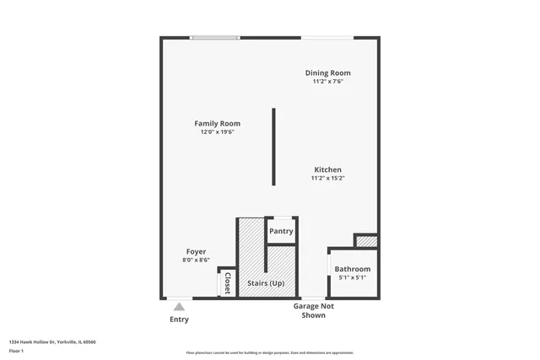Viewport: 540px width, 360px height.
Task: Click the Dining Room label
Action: (x=327, y=73)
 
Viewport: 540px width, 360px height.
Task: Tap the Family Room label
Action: (x=217, y=124)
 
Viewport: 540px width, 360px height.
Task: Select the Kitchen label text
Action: (x=328, y=169)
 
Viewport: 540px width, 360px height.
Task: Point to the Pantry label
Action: (x=281, y=231)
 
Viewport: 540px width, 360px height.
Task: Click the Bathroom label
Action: (x=353, y=269)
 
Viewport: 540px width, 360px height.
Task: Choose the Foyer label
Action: (x=196, y=251)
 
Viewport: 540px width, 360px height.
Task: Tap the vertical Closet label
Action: (x=227, y=283)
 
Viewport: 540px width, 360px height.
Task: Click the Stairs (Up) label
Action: (x=265, y=283)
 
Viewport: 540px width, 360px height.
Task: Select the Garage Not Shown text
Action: (x=313, y=310)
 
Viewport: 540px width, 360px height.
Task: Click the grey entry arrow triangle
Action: (x=179, y=308)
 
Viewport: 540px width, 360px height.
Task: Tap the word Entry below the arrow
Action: (x=179, y=320)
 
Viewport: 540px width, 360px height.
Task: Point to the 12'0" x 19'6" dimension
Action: (x=217, y=132)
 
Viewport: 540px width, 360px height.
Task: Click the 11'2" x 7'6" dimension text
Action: (x=327, y=82)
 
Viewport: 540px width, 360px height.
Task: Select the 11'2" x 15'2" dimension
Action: (x=328, y=178)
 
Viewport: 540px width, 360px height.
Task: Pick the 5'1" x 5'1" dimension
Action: (x=352, y=277)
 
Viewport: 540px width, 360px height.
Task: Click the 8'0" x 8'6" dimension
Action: (x=196, y=261)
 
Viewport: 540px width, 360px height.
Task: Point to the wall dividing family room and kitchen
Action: (x=273, y=147)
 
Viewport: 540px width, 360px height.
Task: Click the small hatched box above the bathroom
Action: (x=365, y=242)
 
